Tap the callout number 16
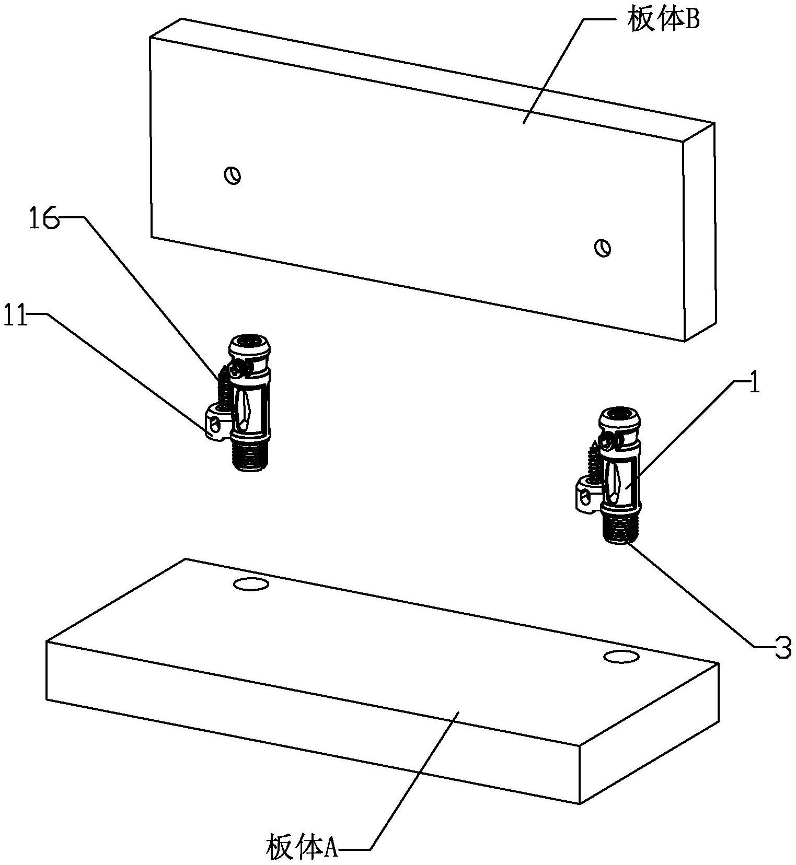[43, 219]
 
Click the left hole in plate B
[233, 175]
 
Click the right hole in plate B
[603, 247]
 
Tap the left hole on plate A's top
[251, 584]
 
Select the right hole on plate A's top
[621, 657]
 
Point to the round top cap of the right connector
[620, 418]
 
